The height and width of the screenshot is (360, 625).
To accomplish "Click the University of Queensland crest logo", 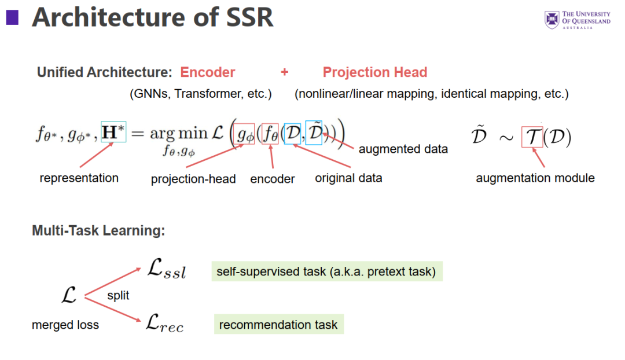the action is [552, 20].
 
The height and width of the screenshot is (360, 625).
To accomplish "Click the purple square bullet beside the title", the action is [12, 18].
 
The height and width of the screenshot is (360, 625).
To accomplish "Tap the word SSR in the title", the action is [243, 18].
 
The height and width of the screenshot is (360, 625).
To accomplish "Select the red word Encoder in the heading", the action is [208, 72].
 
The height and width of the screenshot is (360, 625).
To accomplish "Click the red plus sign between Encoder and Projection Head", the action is [284, 72].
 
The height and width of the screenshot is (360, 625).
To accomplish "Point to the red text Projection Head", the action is [375, 72].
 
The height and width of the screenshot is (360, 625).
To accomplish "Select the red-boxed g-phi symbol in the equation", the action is [245, 135].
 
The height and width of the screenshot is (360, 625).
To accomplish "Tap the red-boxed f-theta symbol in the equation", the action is [271, 135].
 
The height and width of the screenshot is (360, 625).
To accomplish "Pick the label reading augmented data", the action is [403, 149].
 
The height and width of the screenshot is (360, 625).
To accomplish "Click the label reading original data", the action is [348, 178].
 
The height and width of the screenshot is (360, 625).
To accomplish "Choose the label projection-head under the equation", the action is [193, 179].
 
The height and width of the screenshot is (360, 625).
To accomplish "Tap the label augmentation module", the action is [535, 178].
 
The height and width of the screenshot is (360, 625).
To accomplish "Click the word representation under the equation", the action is [79, 178].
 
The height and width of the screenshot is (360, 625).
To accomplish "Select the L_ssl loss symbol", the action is [167, 270].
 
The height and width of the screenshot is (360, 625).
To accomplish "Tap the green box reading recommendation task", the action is [278, 325].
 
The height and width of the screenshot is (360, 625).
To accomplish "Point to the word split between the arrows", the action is [118, 295].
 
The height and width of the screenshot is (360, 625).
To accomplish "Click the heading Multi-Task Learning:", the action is [98, 230].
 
